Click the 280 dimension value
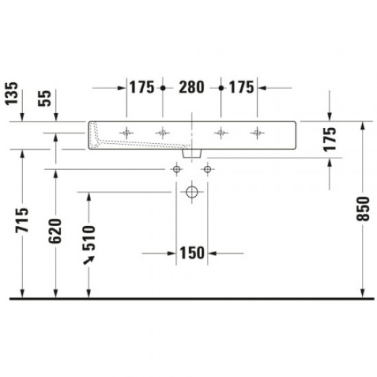click(x=191, y=88)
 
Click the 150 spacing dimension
click(x=192, y=253)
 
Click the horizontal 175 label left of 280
click(x=141, y=88)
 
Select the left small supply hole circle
click(x=177, y=169)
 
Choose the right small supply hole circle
click(x=206, y=169)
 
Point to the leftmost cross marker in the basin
click(x=127, y=132)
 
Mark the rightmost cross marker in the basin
click(x=257, y=132)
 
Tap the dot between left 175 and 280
click(x=162, y=88)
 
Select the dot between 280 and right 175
click(x=220, y=88)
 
